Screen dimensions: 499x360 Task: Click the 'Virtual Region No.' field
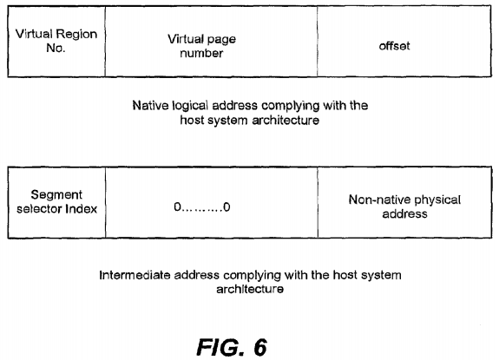[x=56, y=42]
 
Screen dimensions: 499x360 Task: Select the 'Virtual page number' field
[x=211, y=42]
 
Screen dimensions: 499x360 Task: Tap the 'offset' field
[x=404, y=42]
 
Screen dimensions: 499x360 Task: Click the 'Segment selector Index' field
[x=56, y=202]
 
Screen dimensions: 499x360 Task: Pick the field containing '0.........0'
[x=212, y=202]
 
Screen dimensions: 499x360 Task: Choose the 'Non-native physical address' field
[x=404, y=202]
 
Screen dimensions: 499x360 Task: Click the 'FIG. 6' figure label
[x=232, y=347]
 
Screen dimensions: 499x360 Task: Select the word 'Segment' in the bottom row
[x=56, y=194]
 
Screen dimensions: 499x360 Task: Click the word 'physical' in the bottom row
[x=437, y=200]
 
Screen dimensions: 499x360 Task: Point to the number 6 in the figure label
[x=260, y=347]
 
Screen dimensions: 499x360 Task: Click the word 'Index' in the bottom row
[x=82, y=209]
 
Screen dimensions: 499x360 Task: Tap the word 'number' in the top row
[x=201, y=53]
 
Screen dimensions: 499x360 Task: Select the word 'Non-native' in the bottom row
[x=379, y=200]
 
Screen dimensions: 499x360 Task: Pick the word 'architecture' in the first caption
[x=286, y=121]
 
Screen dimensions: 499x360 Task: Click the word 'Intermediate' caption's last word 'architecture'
[x=250, y=290]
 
